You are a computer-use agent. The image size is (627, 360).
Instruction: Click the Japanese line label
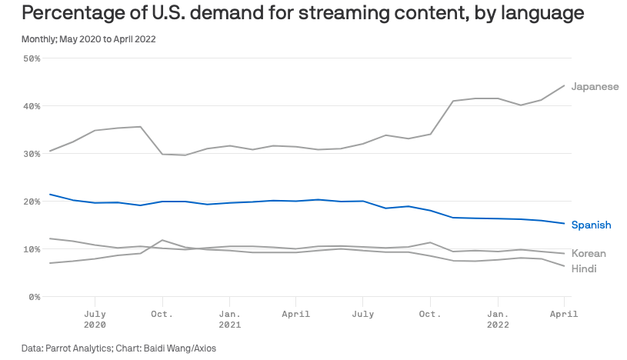(595, 87)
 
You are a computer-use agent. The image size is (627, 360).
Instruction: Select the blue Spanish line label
(592, 225)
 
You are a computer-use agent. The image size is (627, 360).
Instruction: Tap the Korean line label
(589, 253)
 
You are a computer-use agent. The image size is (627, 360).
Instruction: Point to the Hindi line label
(584, 268)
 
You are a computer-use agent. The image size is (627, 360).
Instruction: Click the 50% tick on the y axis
(32, 58)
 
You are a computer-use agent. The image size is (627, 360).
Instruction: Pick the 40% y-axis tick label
(32, 106)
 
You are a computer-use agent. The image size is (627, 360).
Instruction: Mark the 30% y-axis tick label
(32, 154)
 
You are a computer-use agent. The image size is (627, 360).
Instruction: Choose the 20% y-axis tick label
(32, 202)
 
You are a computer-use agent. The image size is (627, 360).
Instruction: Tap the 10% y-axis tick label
(32, 248)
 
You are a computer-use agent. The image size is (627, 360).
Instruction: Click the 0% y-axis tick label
(35, 297)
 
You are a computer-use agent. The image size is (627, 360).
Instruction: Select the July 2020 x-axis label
(95, 319)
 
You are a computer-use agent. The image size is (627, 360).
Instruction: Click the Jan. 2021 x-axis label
(230, 319)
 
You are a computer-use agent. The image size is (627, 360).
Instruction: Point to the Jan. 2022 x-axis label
(498, 319)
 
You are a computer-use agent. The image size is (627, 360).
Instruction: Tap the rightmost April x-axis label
(564, 315)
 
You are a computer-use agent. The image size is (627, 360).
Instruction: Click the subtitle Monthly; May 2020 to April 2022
(88, 39)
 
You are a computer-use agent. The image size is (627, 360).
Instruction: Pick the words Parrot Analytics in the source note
(78, 348)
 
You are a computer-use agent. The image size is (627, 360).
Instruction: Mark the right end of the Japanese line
(564, 85)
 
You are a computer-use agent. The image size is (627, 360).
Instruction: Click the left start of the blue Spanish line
(49, 195)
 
